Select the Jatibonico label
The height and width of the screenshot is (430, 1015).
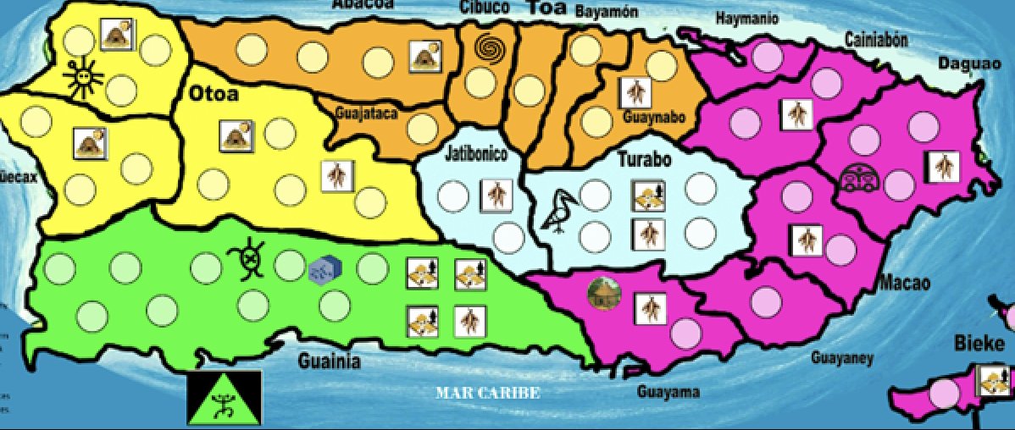click(475, 154)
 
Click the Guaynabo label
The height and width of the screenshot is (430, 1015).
click(653, 116)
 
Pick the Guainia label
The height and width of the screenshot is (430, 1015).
click(330, 362)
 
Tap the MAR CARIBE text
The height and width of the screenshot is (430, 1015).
click(487, 394)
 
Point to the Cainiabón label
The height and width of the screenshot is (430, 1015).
click(876, 39)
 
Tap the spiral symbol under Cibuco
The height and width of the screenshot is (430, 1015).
click(489, 49)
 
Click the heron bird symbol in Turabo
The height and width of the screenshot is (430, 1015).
click(559, 212)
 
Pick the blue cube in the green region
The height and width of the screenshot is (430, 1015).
click(324, 269)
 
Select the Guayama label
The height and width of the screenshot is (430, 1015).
click(668, 392)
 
